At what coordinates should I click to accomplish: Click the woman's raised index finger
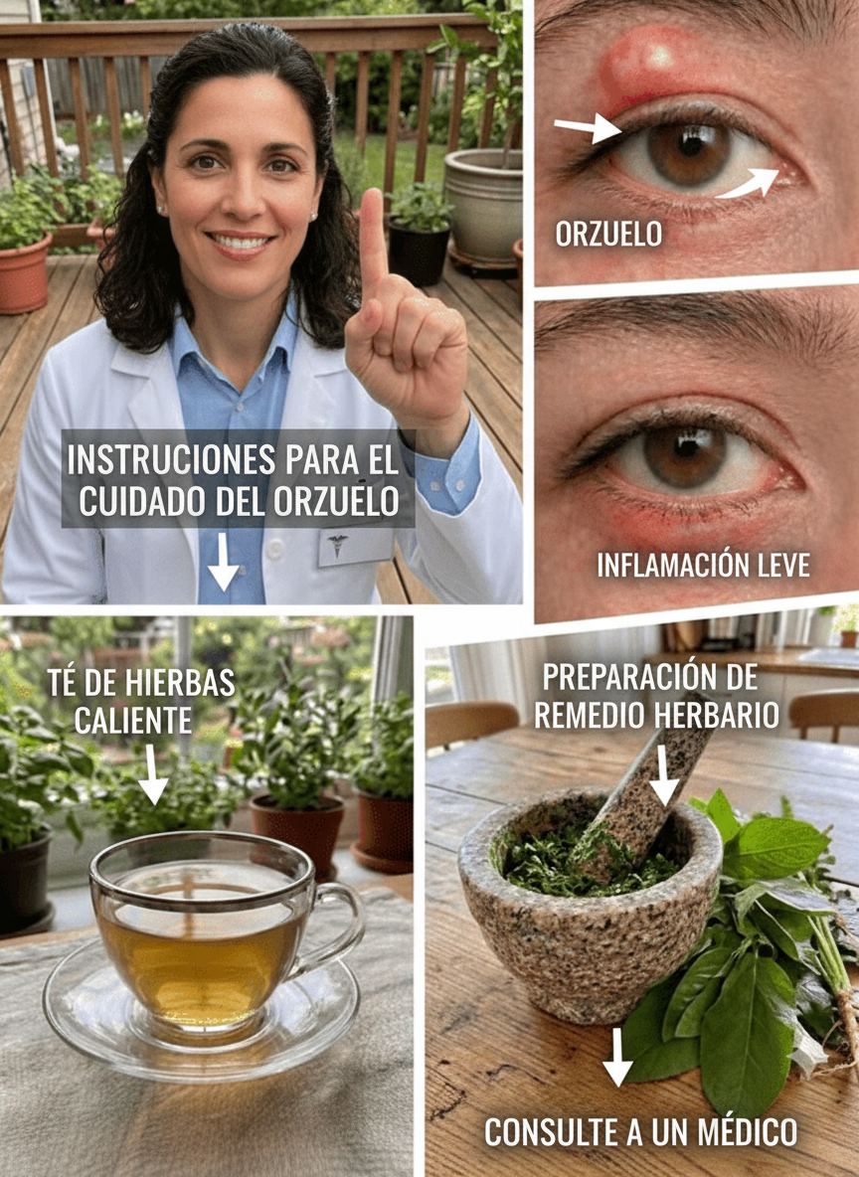pyautogui.click(x=373, y=241)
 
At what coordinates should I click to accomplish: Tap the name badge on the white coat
pyautogui.click(x=357, y=547)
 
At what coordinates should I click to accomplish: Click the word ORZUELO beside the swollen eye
pyautogui.click(x=609, y=234)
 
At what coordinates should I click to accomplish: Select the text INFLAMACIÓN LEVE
pyautogui.click(x=704, y=565)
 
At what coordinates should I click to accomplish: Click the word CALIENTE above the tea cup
pyautogui.click(x=133, y=721)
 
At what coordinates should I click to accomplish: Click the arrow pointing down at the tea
pyautogui.click(x=152, y=774)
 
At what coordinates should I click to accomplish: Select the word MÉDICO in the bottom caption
pyautogui.click(x=748, y=1132)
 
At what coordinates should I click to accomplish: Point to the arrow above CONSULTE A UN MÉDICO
pyautogui.click(x=617, y=1057)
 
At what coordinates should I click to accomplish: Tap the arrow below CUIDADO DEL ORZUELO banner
pyautogui.click(x=223, y=562)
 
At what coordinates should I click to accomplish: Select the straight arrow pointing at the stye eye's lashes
pyautogui.click(x=588, y=127)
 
